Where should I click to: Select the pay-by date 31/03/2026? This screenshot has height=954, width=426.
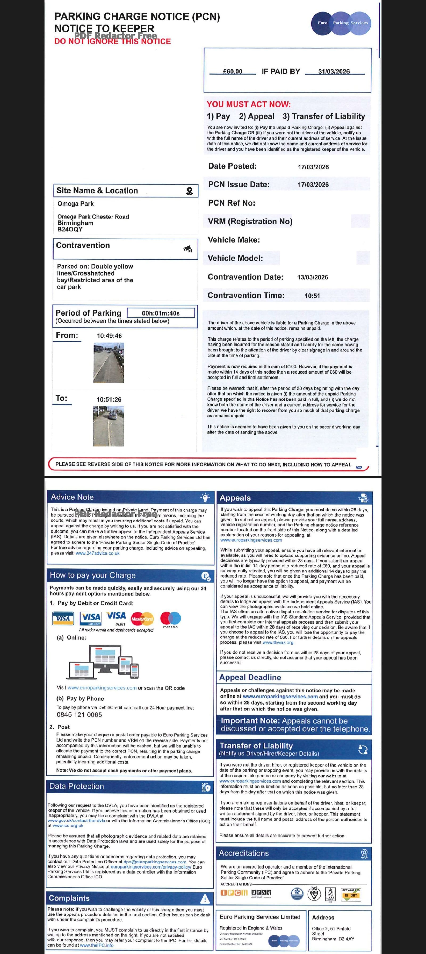334,71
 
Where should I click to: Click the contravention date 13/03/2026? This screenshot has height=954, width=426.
312,277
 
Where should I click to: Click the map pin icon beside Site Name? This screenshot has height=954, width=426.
189,191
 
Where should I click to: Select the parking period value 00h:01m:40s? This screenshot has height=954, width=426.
161,313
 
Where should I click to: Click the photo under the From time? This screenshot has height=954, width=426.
109,363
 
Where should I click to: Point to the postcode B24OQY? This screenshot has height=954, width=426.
70,229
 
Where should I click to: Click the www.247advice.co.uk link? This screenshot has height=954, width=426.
97,553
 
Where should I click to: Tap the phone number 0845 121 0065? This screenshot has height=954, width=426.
79,715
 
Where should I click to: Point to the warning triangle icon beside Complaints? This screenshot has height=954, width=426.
204,899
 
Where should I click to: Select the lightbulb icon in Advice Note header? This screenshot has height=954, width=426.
205,497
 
